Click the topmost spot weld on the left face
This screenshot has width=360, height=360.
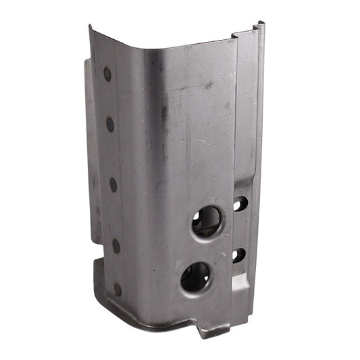coord(107,74)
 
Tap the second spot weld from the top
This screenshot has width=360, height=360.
coord(110,124)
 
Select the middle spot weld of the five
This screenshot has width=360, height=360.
coord(113,184)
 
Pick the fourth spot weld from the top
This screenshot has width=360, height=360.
coord(115,246)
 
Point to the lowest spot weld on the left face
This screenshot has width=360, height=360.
coord(118,289)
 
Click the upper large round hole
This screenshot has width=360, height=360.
coord(206,221)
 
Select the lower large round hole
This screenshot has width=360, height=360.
coord(195,277)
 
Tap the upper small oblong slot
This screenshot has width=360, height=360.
coord(240,203)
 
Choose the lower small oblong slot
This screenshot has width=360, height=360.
coord(238,255)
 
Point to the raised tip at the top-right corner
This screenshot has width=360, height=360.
coord(260,26)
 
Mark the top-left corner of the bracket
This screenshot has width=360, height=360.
coord(91,27)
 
